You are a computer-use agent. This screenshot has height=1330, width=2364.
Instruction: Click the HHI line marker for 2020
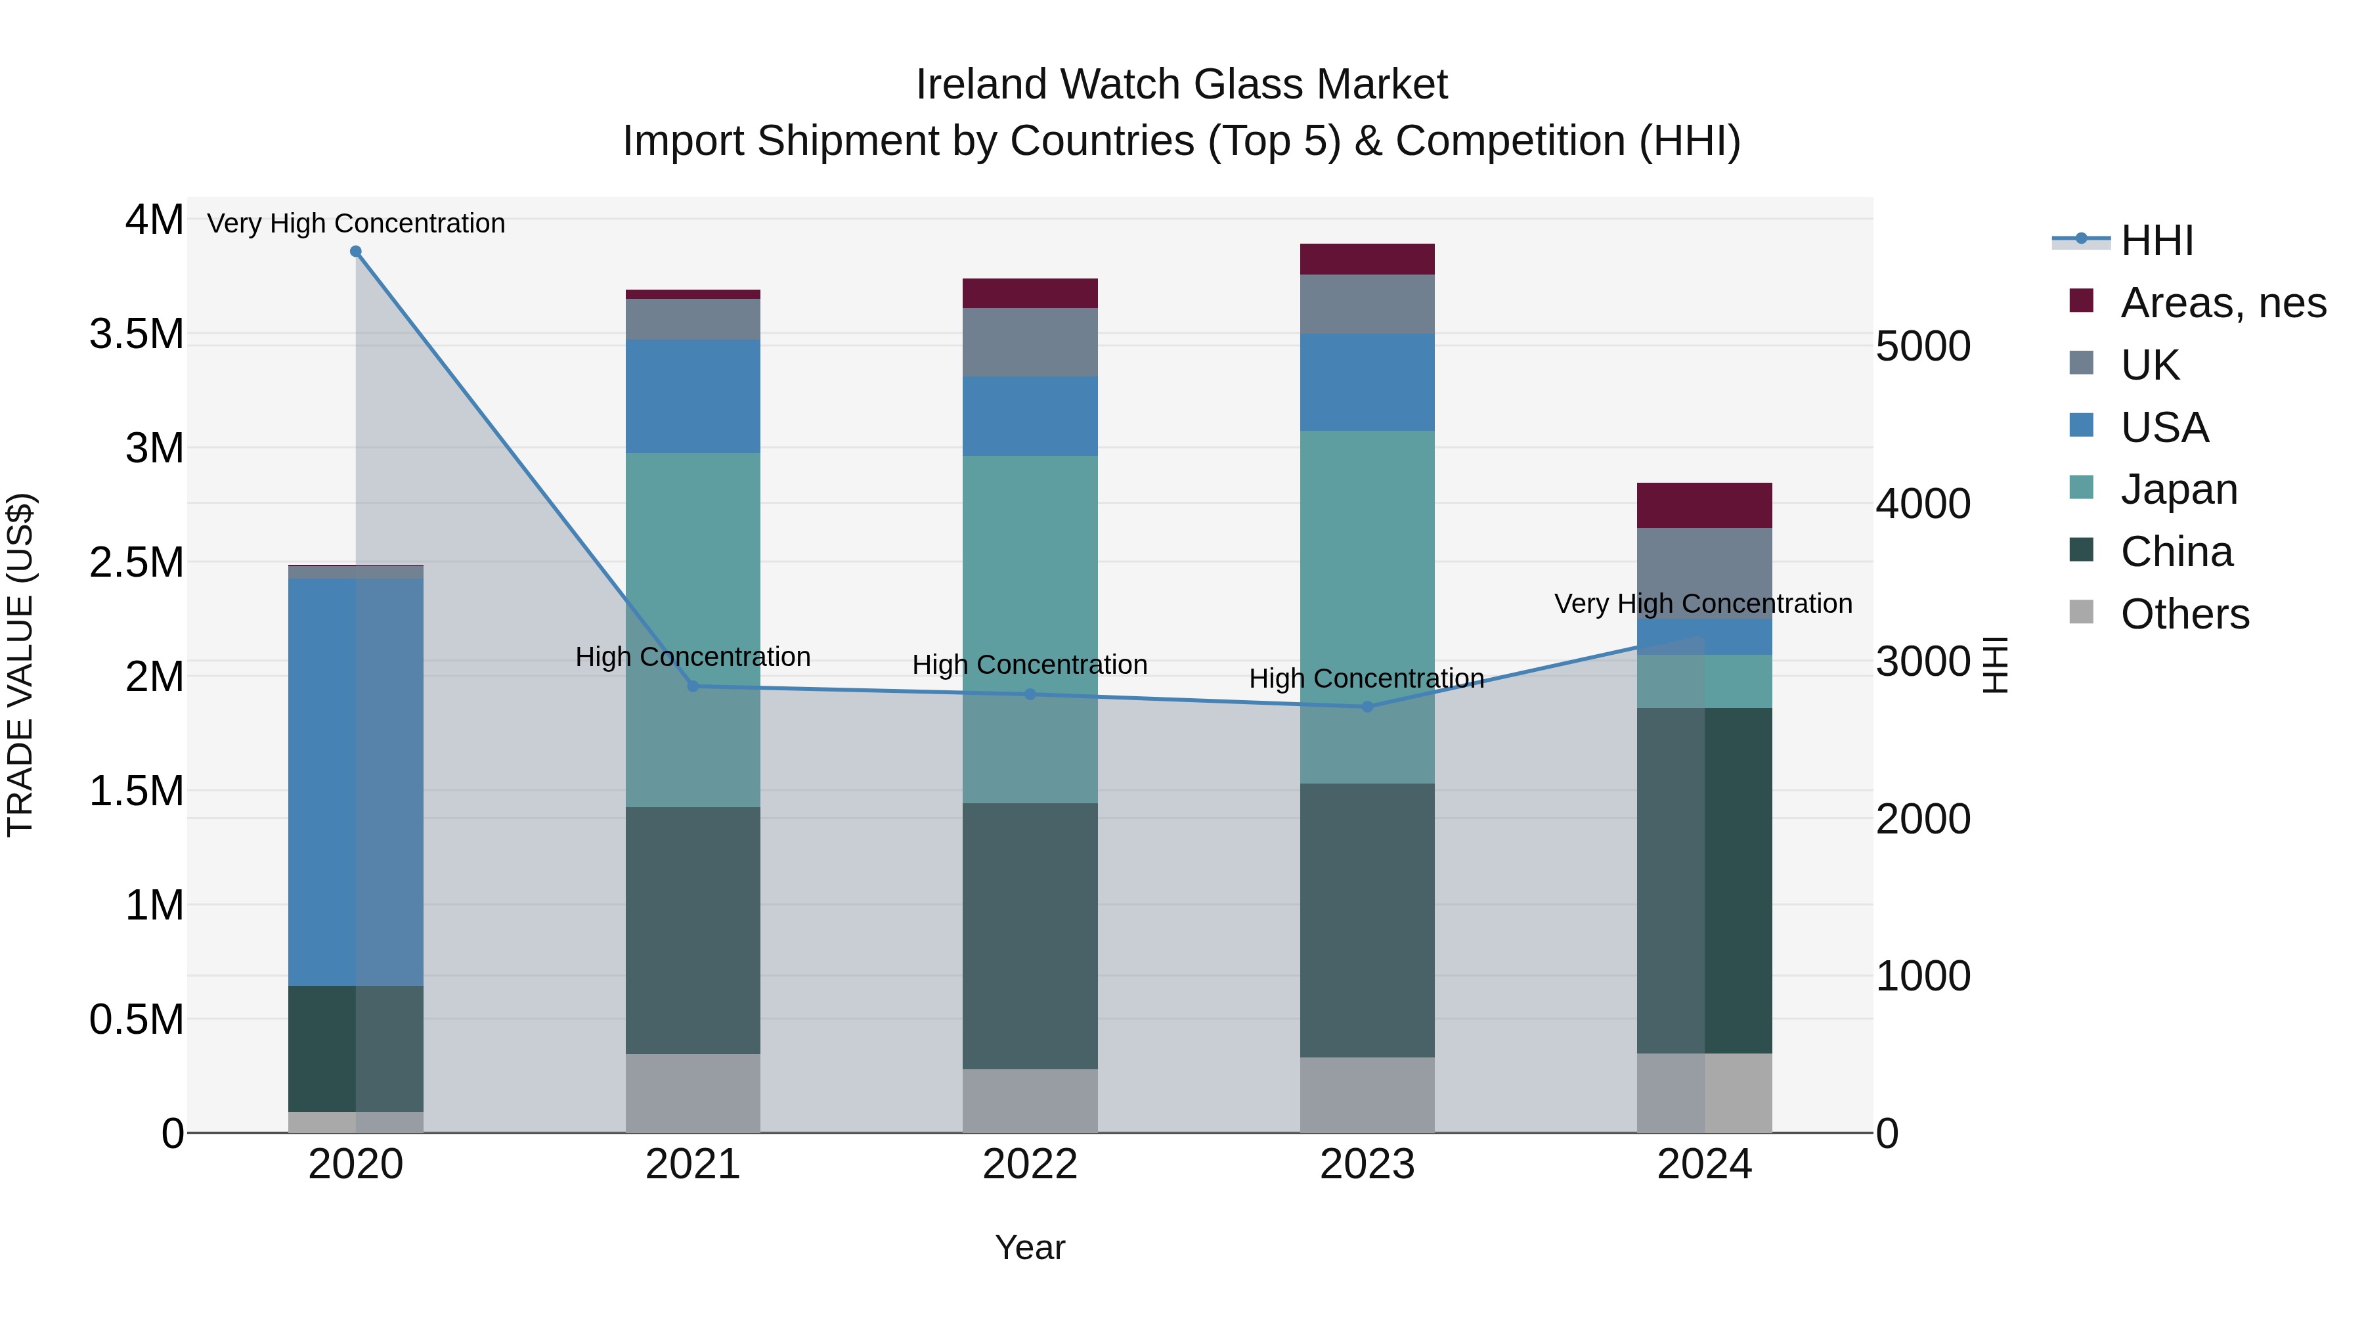[356, 252]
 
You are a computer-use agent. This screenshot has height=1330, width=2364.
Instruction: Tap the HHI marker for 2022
[1030, 695]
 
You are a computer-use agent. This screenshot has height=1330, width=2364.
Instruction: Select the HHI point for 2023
[1367, 707]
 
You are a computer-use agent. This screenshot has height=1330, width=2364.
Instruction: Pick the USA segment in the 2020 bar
[356, 780]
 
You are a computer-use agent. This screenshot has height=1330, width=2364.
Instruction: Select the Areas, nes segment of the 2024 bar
[1704, 505]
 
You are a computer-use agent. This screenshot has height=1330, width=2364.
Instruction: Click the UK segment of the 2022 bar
[1030, 342]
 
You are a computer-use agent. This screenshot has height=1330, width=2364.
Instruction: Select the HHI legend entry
[2156, 240]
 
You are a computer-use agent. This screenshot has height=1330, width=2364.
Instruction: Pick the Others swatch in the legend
[2082, 612]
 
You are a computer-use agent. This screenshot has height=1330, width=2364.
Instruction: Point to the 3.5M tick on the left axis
[136, 334]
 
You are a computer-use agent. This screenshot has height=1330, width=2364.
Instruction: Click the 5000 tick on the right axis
[1923, 347]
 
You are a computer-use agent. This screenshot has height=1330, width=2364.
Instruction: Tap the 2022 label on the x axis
[1030, 1164]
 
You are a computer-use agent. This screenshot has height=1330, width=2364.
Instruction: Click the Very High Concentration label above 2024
[1703, 604]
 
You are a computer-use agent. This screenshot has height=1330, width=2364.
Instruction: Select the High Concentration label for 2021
[693, 657]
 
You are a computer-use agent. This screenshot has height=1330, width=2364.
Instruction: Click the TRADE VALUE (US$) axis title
[20, 665]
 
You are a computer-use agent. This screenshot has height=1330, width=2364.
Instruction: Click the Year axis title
[1030, 1247]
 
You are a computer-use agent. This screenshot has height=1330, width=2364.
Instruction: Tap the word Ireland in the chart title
[982, 85]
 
